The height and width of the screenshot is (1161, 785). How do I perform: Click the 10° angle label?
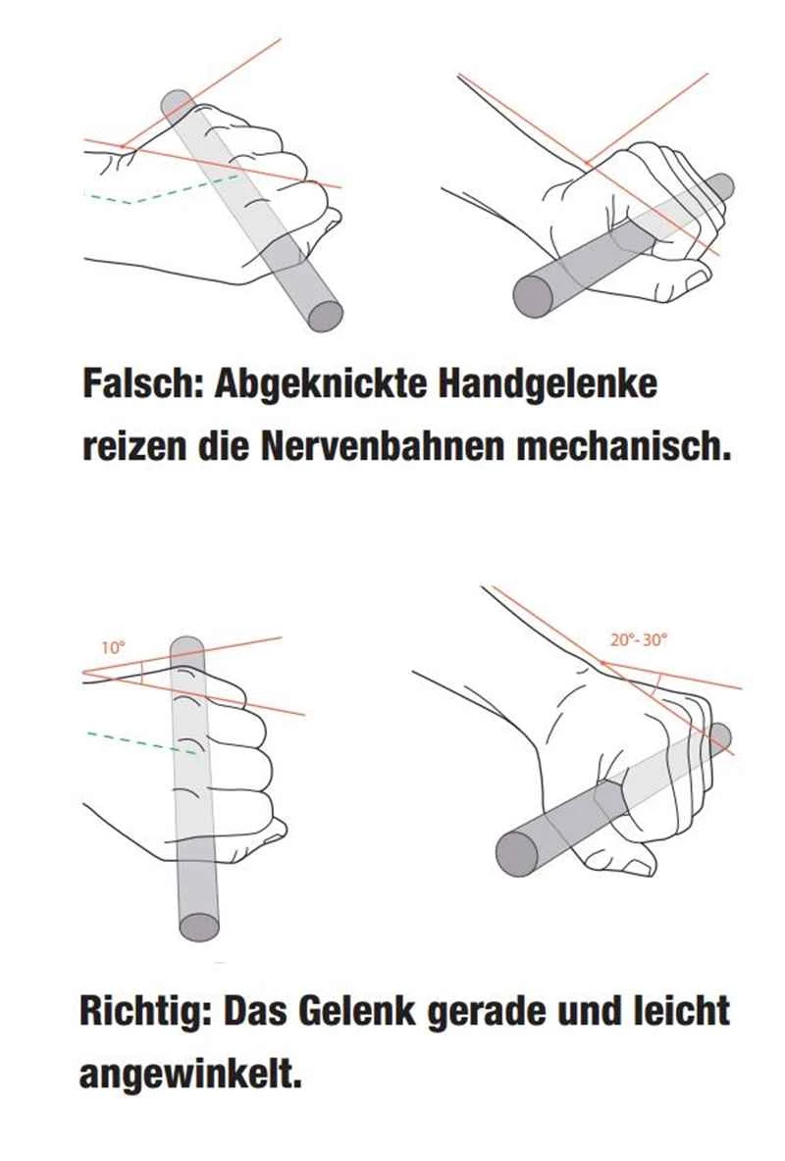pos(112,648)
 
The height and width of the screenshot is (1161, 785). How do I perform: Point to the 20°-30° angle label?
pos(638,639)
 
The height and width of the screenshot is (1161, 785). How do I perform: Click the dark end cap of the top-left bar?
pos(326,316)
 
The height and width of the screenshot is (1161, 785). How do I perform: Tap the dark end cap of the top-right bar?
pos(535,295)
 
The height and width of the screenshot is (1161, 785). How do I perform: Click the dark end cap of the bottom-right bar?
pos(518,854)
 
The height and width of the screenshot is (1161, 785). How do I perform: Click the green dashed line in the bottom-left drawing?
pos(141,742)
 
